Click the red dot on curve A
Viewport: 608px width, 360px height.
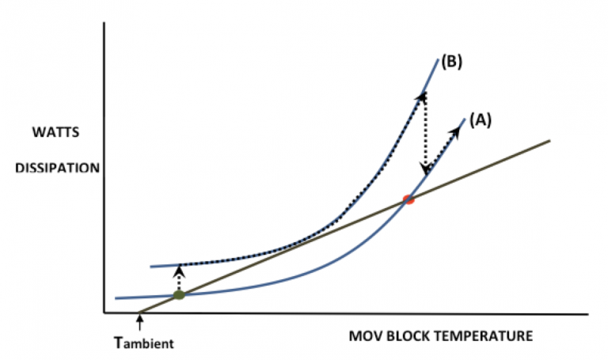click(408, 199)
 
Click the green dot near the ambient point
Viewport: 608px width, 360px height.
click(179, 295)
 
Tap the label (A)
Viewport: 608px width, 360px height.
click(481, 119)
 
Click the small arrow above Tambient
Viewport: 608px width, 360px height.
click(140, 321)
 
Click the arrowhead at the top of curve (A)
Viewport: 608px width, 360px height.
click(460, 124)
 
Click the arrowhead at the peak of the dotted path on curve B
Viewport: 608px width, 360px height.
click(422, 95)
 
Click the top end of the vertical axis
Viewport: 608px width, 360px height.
click(104, 25)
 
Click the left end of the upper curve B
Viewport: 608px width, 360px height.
click(151, 266)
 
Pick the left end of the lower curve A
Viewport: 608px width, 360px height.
click(116, 298)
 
